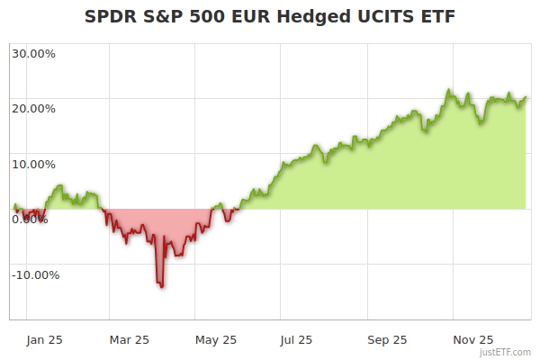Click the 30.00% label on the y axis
point(33,53)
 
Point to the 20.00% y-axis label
point(33,109)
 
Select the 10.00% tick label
point(33,165)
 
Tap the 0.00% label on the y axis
point(30,220)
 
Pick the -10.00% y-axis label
point(35,275)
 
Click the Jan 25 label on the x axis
point(43,340)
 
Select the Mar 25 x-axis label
point(129,340)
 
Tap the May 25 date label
point(216,340)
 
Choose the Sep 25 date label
point(387,340)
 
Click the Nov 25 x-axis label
point(473,340)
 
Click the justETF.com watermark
point(505,352)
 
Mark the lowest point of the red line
point(161,286)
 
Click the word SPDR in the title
point(111,17)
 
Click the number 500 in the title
point(209,17)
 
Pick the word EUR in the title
point(249,17)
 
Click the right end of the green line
point(526,97)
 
